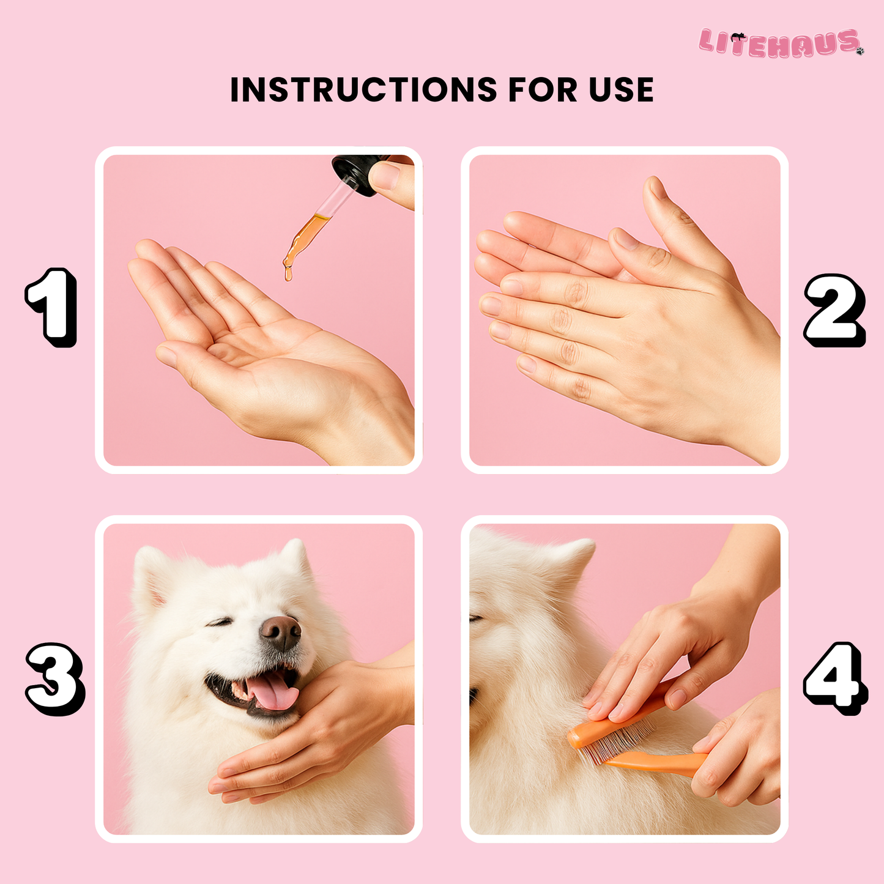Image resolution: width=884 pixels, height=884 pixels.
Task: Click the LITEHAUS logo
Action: point(780,43)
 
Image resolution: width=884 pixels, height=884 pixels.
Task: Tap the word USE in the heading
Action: point(621,90)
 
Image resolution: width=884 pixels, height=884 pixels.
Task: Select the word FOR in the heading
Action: point(542,90)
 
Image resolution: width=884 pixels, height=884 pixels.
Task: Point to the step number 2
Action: point(834,310)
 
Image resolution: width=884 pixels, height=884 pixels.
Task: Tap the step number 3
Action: point(54,678)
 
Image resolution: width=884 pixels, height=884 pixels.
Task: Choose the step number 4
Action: point(834,678)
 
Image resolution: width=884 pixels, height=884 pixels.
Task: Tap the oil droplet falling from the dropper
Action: point(288,275)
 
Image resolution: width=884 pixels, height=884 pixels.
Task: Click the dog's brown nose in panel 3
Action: point(281,632)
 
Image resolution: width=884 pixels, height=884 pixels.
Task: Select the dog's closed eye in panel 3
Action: point(220,622)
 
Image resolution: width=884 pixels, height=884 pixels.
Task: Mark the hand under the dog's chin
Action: point(318,728)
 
